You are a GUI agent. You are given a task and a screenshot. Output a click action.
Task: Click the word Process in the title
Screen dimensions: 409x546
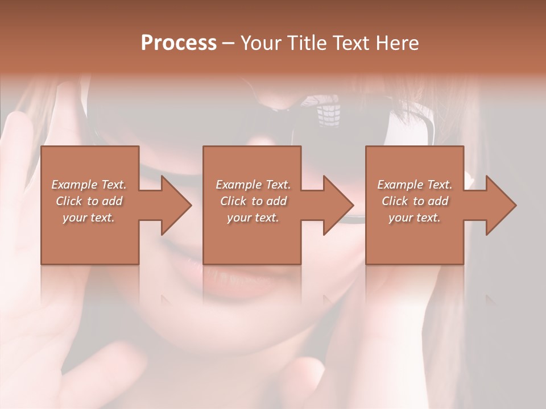[179, 43]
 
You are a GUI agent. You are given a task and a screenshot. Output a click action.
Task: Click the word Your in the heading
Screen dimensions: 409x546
[261, 43]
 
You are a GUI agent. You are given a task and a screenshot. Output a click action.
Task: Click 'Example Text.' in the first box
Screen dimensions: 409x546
[89, 185]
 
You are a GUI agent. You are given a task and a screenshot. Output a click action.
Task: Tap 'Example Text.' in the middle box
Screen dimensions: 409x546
[253, 185]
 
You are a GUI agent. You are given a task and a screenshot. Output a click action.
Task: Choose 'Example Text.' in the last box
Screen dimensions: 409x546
[415, 185]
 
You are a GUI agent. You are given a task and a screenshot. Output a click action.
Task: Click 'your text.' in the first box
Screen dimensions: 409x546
[89, 218]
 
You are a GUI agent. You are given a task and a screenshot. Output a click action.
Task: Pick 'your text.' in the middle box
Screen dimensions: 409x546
[253, 218]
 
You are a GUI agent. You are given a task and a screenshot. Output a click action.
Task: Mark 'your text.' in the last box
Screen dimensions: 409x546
[415, 218]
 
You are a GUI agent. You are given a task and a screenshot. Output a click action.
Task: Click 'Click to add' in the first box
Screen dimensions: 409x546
[89, 201]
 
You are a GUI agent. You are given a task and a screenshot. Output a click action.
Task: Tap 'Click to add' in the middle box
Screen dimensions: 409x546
[253, 201]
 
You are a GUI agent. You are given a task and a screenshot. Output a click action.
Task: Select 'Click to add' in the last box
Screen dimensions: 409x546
[415, 201]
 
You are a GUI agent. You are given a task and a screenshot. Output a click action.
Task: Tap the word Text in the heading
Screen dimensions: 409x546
[350, 43]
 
